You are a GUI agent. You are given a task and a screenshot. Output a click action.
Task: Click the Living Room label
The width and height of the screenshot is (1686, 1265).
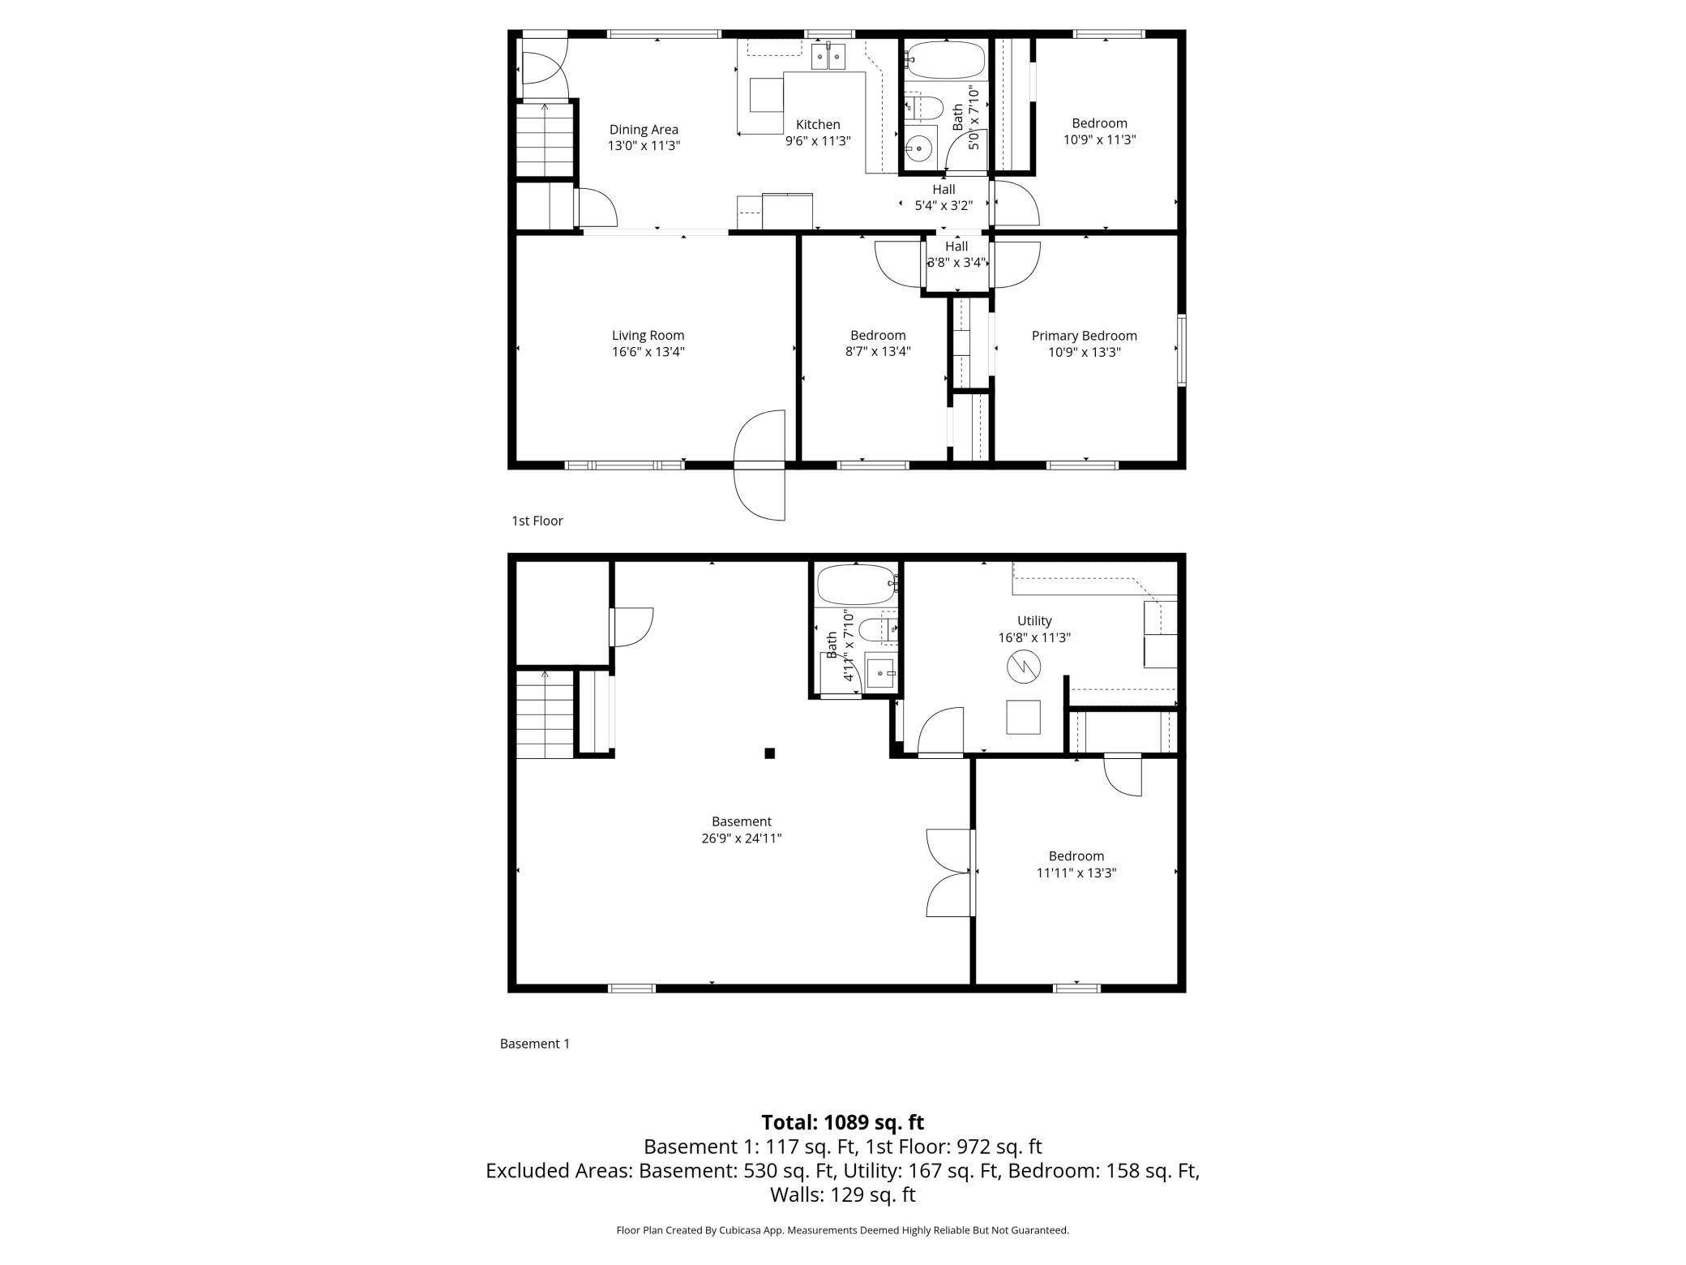(648, 336)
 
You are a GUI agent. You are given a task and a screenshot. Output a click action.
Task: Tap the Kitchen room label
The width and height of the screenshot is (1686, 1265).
(818, 125)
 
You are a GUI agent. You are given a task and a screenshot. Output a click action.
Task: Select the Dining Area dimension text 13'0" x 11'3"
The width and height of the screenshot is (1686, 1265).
(644, 146)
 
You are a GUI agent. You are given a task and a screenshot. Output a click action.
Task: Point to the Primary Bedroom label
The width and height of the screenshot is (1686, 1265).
(1084, 336)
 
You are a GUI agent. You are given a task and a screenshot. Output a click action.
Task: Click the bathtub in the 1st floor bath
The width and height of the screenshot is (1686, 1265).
(945, 60)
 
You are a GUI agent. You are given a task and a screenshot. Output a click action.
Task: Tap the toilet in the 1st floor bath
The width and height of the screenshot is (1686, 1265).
(923, 107)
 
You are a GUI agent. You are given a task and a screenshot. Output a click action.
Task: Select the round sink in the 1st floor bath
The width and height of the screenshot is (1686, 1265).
(920, 148)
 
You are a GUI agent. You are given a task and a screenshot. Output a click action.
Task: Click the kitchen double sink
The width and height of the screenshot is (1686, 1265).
(828, 57)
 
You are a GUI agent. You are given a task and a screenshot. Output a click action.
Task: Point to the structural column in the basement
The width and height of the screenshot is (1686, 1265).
(769, 753)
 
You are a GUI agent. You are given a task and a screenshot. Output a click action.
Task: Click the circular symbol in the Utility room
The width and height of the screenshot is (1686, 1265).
(1022, 667)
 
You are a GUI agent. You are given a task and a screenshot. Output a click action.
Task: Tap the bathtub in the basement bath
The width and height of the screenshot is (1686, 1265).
(857, 585)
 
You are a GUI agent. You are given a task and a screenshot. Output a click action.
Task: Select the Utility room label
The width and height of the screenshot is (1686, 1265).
(1034, 621)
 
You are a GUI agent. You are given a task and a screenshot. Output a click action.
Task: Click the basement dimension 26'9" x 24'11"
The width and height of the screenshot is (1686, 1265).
(742, 838)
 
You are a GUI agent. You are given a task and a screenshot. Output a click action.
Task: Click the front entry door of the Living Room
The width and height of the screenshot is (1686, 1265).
(760, 465)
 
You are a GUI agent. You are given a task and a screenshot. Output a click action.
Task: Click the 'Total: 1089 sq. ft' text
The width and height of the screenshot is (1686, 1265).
(842, 1122)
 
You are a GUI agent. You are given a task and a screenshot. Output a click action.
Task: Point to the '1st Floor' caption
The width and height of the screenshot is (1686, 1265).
(537, 521)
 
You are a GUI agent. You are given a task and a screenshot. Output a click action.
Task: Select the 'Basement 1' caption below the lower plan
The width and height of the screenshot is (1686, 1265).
(535, 1044)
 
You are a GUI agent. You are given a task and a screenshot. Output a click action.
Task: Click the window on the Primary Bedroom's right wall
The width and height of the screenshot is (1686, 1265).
(1182, 349)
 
